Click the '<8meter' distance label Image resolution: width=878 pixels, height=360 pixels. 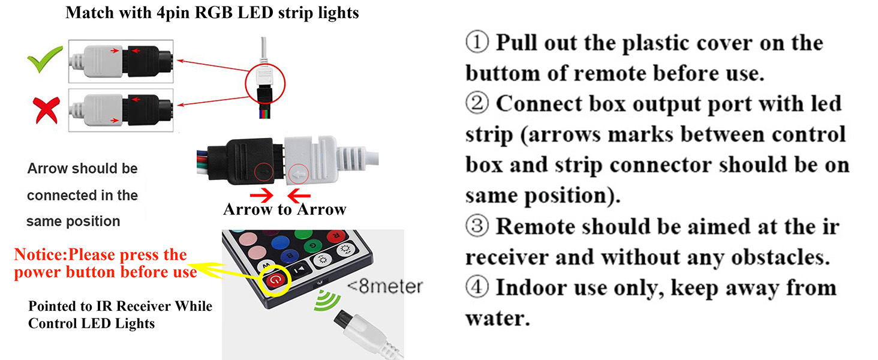coord(384,286)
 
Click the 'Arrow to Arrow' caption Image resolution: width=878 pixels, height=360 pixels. coord(284,209)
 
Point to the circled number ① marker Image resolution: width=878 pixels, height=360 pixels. coord(477,43)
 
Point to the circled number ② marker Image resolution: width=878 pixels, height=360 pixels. coord(477,104)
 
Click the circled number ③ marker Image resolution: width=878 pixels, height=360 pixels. coord(477,227)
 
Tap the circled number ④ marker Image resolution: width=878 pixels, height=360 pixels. coord(477,287)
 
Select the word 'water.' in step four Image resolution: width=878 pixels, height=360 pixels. coord(498,318)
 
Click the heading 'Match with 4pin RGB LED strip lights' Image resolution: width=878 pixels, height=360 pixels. coord(212,13)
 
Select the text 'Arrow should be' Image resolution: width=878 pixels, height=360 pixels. coord(82,169)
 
